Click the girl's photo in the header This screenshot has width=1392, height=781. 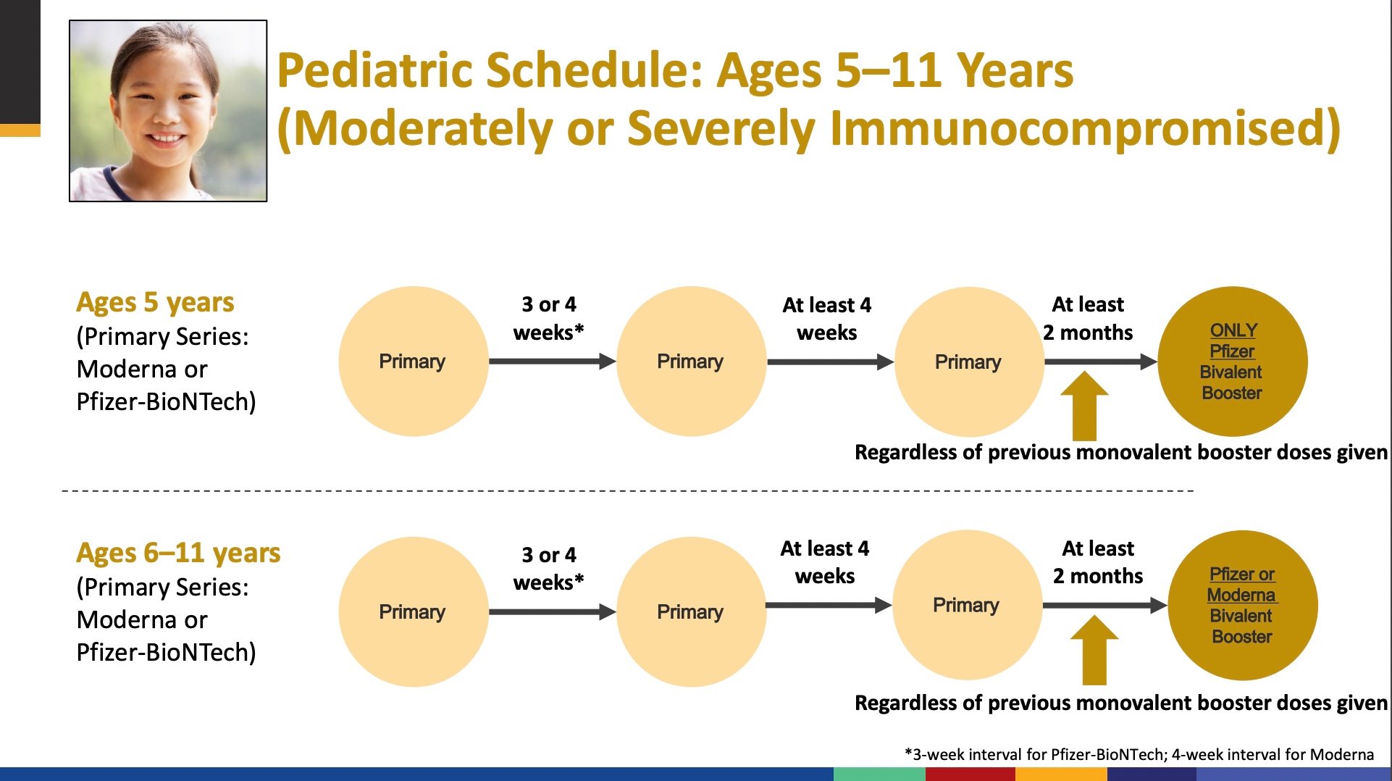point(168,111)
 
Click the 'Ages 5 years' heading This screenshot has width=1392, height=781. point(155,302)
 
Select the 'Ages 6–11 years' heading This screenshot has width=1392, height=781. point(178,553)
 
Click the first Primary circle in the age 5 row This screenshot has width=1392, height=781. point(413,362)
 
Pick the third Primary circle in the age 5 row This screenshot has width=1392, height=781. point(968,362)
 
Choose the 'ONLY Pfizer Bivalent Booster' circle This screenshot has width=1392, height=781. point(1233,362)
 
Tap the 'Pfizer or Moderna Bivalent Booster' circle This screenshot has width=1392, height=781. point(1242,606)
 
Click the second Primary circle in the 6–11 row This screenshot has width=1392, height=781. point(690,612)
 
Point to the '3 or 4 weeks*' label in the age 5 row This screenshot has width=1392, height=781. point(548,318)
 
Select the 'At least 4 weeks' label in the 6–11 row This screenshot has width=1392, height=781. point(825,562)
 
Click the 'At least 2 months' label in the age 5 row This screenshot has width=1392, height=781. point(1088,318)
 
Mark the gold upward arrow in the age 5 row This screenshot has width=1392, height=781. point(1084,406)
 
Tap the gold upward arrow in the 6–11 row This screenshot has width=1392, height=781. point(1094,650)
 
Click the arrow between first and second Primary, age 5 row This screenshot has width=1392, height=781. point(552,361)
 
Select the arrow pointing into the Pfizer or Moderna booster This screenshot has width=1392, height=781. point(1105,605)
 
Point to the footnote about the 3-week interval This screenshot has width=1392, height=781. point(1139,754)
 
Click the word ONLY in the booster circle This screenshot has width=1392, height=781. point(1233,330)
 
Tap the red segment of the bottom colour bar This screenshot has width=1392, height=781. point(970,774)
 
